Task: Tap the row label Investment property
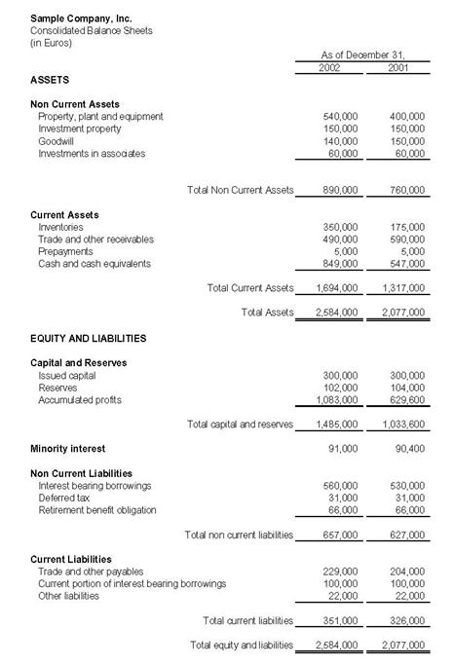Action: coord(80,129)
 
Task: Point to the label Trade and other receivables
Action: coord(95,240)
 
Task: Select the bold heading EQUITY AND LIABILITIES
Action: coord(89,338)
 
